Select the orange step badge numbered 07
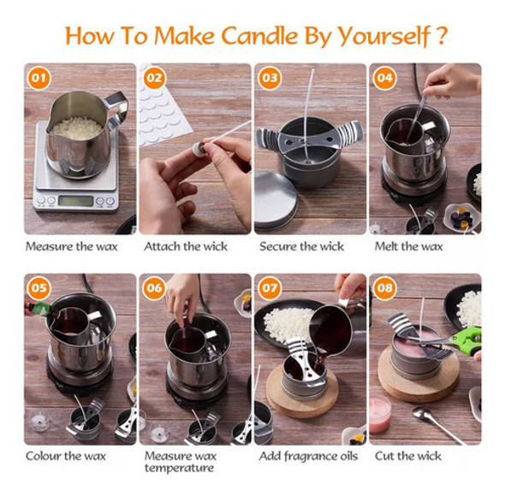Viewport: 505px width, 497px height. tap(270, 288)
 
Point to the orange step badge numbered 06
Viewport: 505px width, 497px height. tap(154, 288)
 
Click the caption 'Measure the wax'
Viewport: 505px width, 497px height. tap(71, 247)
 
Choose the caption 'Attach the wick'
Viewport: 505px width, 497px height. tap(186, 247)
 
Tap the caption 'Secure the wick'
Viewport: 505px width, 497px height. tap(302, 247)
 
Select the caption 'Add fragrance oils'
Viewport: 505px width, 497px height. tap(309, 456)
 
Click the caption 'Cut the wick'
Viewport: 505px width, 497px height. tap(409, 456)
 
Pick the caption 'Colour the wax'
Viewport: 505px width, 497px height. tap(67, 456)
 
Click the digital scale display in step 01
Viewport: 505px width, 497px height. tap(75, 201)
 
